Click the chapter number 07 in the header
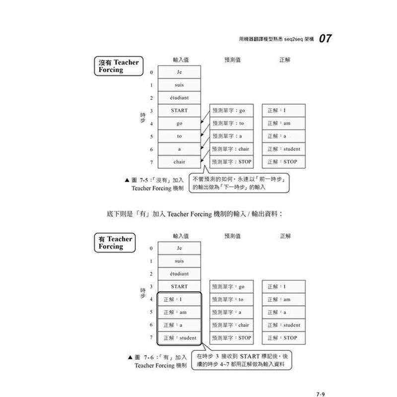tap(326, 38)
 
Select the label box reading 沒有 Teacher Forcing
tap(117, 66)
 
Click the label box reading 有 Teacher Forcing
tap(115, 243)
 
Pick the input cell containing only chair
tap(179, 162)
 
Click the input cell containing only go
tap(179, 124)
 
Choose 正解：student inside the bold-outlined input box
tap(180, 338)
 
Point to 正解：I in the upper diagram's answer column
tap(283, 111)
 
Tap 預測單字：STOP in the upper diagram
tap(231, 162)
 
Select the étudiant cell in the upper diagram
tap(179, 98)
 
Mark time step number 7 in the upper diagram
tap(151, 162)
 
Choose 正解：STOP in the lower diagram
tap(283, 338)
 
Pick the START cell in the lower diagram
tap(179, 287)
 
